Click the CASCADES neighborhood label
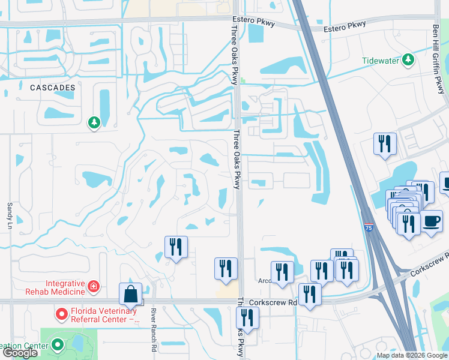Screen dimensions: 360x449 (53, 88)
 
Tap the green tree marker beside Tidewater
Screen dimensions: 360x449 (408, 60)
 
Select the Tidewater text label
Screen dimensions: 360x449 (381, 61)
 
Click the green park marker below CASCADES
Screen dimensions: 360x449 (94, 123)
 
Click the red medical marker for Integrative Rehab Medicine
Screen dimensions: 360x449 (94, 287)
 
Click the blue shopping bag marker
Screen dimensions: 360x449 (130, 295)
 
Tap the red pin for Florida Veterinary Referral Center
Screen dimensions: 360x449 (61, 313)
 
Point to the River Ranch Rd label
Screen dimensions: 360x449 (154, 331)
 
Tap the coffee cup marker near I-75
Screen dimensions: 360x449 (431, 221)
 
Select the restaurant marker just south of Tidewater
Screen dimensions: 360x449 (385, 144)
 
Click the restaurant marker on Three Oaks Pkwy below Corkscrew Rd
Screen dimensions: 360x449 (247, 317)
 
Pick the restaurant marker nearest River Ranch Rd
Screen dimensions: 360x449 (176, 247)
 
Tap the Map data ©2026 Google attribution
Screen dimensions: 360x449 (412, 355)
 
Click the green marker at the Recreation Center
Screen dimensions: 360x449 (57, 344)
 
